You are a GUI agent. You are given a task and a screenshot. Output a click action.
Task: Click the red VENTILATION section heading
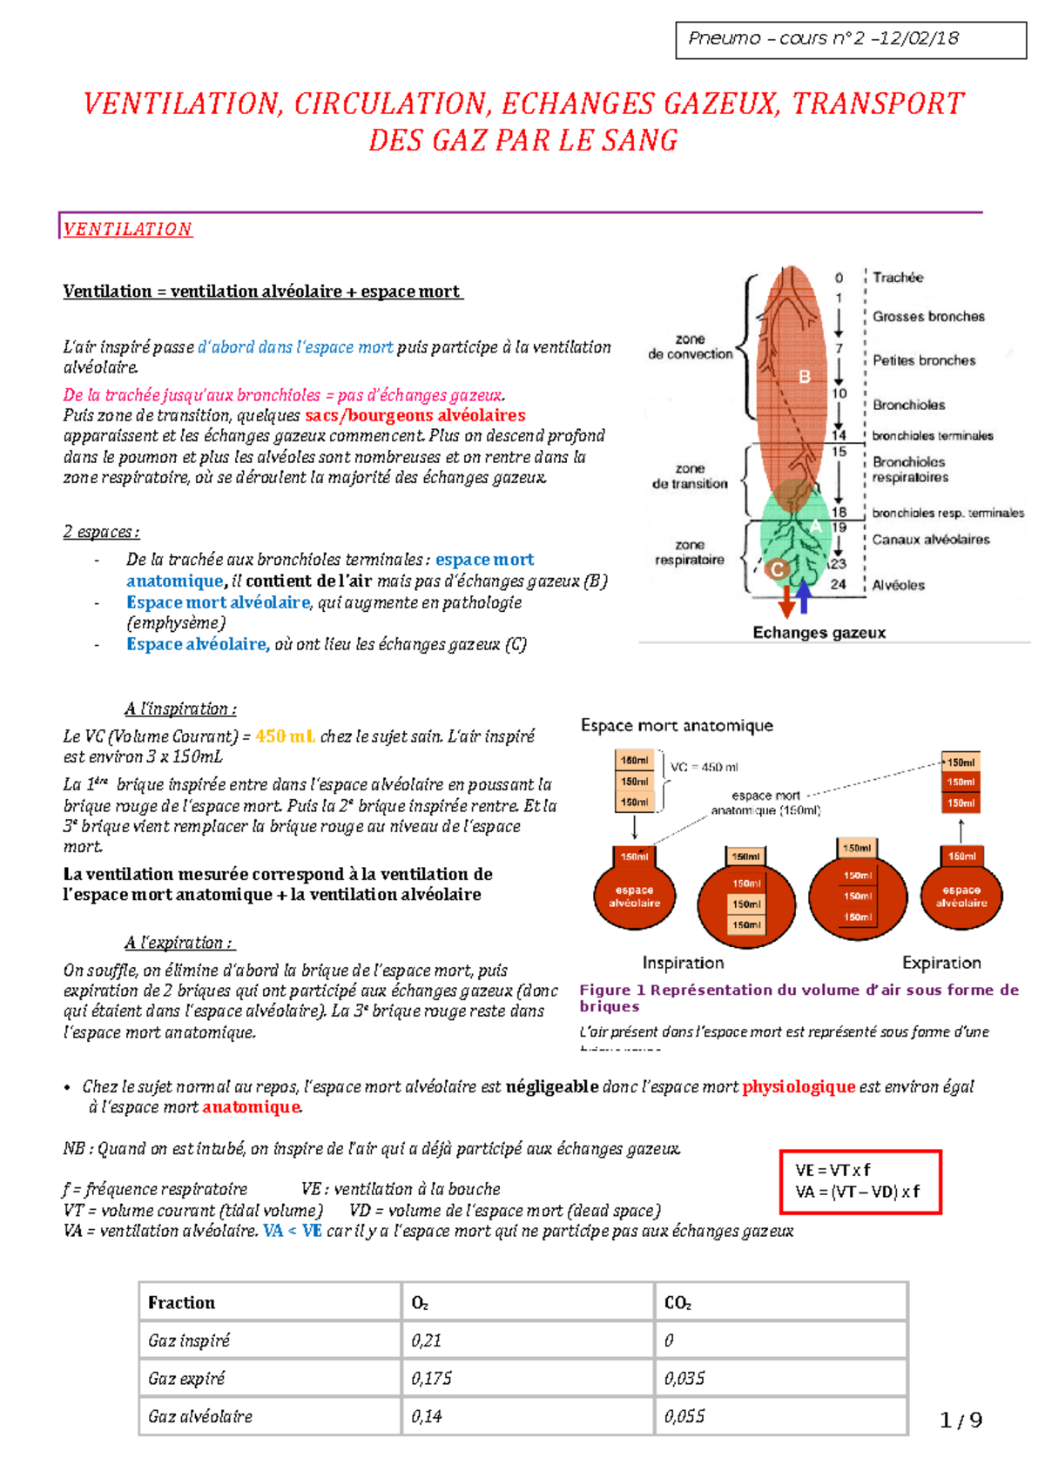click(x=127, y=229)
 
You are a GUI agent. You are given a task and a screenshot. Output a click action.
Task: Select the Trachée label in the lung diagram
click(x=898, y=278)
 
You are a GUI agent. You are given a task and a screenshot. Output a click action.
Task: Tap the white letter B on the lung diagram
click(x=805, y=376)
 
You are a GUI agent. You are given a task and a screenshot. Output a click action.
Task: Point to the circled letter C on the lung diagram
click(x=777, y=569)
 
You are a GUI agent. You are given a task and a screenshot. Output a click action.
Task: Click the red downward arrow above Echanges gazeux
click(x=786, y=600)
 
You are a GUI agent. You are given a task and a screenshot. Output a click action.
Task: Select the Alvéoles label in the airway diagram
click(x=899, y=585)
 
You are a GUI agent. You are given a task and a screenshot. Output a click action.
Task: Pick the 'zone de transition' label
click(x=690, y=476)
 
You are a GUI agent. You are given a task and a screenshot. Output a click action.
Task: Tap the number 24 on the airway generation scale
click(x=838, y=585)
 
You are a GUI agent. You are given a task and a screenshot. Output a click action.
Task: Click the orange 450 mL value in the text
click(x=285, y=736)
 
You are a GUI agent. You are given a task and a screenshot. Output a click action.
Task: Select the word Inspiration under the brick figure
click(x=683, y=963)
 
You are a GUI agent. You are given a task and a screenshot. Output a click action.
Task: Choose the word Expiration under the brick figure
click(x=941, y=963)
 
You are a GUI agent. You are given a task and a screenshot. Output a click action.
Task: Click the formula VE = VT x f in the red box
click(x=833, y=1170)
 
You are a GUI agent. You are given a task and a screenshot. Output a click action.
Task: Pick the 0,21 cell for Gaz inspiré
click(x=427, y=1340)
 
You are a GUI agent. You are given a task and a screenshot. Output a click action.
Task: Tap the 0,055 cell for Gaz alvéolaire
click(x=684, y=1416)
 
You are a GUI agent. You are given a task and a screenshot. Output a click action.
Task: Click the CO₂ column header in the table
click(x=678, y=1302)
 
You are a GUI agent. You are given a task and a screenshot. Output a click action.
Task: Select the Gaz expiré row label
click(x=186, y=1378)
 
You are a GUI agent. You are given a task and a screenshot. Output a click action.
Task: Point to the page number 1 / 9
click(x=961, y=1421)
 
